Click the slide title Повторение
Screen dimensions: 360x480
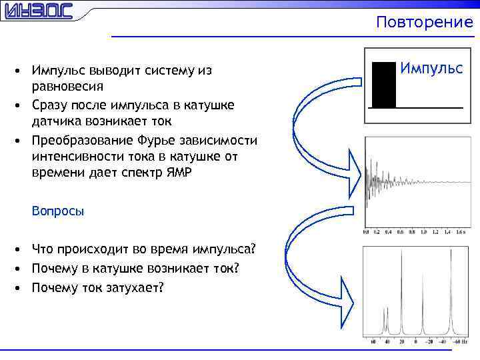click(x=424, y=22)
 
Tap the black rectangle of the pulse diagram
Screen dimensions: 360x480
click(x=384, y=85)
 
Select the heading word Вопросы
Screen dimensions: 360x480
click(x=58, y=211)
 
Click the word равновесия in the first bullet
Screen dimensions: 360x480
click(x=67, y=87)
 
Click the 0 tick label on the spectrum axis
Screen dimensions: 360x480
click(x=415, y=343)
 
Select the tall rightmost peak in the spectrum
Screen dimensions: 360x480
click(x=451, y=293)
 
